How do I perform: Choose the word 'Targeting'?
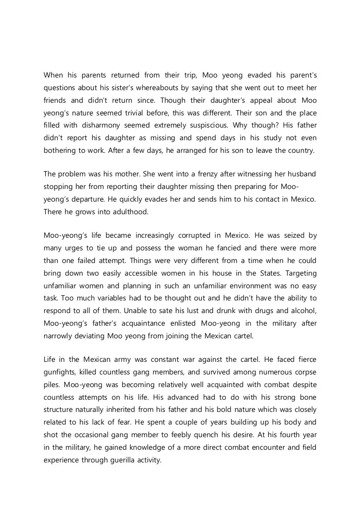click(301, 273)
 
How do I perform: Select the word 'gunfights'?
click(60, 372)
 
